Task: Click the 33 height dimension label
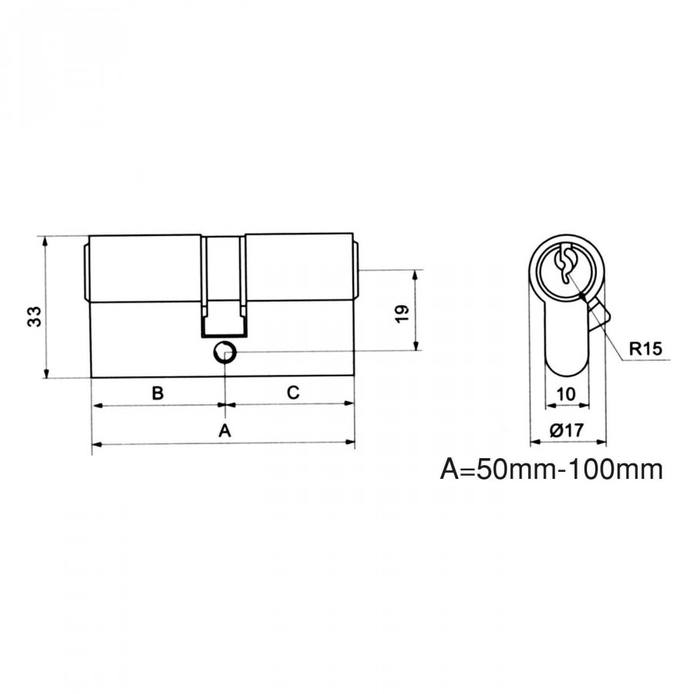[x=35, y=316]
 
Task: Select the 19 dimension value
[x=403, y=314]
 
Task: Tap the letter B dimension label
[x=157, y=393]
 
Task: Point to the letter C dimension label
[x=293, y=392]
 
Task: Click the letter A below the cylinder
[x=225, y=430]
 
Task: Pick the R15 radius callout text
[x=645, y=349]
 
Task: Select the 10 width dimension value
[x=566, y=393]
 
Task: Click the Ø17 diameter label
[x=567, y=430]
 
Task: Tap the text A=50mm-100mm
[x=551, y=469]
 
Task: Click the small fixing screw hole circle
[x=225, y=352]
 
